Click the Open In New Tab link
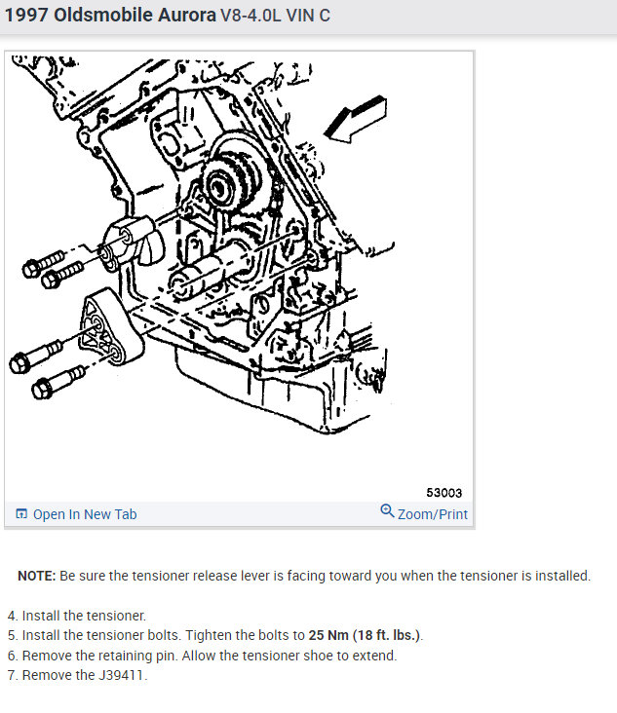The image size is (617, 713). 85,514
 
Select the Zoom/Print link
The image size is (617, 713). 433,513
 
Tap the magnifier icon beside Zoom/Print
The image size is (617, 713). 387,511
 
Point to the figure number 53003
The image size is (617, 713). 443,493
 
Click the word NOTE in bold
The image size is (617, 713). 36,576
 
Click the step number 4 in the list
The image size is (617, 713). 12,616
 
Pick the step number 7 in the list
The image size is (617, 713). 12,676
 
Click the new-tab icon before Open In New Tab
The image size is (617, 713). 21,514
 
